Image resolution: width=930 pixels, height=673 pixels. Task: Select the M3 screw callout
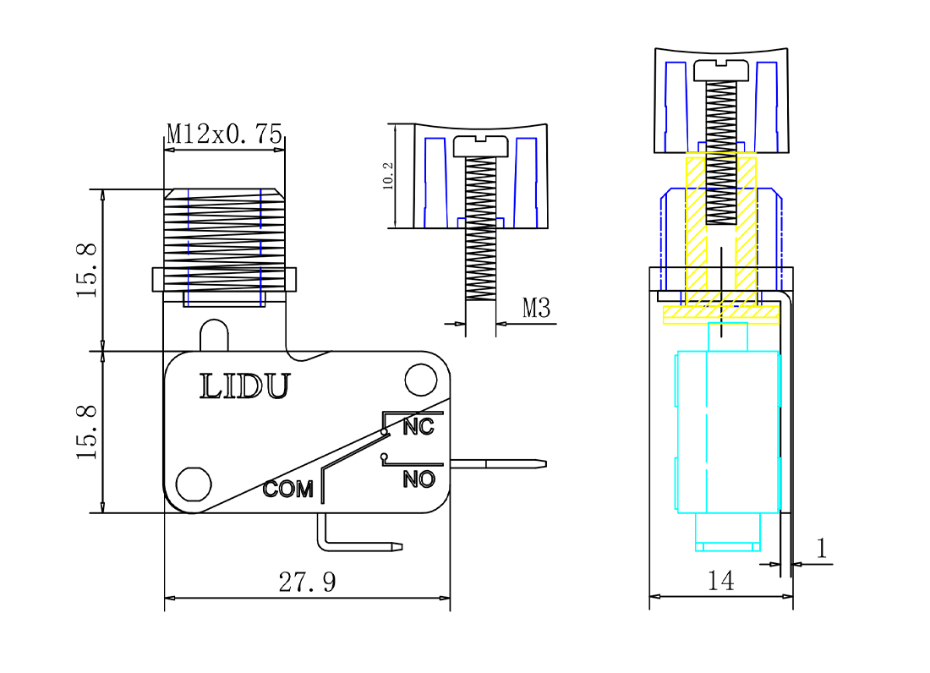tap(536, 309)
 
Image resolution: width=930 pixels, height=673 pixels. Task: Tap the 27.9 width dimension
tap(307, 583)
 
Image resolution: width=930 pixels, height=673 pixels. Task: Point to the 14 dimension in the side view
tap(720, 581)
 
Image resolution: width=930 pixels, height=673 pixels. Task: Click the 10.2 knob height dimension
tap(388, 176)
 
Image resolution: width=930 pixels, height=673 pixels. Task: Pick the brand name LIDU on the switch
tap(244, 386)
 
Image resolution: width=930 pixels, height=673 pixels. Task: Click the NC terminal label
tap(418, 427)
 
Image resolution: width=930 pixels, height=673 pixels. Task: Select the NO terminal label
tap(418, 479)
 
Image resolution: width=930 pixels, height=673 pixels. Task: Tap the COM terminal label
tap(287, 489)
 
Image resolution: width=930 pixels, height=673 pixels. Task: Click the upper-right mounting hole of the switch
tap(420, 380)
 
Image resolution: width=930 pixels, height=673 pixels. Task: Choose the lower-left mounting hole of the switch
tap(194, 484)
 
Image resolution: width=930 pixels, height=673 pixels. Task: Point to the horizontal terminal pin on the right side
tap(499, 463)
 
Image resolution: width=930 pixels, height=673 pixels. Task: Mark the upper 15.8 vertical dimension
tap(88, 270)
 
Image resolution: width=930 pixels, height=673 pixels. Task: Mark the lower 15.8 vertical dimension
tap(88, 432)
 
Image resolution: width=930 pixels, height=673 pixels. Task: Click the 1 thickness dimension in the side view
tap(821, 550)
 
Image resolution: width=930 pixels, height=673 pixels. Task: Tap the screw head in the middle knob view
tap(481, 146)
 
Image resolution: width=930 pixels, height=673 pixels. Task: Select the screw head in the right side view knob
tap(722, 70)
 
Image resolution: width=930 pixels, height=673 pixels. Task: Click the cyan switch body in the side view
tap(727, 431)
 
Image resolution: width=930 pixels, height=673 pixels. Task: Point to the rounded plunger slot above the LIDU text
tap(214, 334)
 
